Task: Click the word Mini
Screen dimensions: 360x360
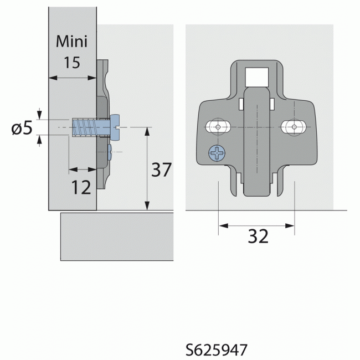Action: [71, 42]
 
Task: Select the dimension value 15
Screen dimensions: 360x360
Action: [71, 62]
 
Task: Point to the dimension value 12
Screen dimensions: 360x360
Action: [81, 188]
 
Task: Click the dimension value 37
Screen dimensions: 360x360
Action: [162, 170]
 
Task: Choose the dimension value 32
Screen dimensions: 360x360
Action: [258, 236]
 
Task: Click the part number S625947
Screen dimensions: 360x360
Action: [216, 350]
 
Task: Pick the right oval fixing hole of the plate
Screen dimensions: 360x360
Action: [292, 127]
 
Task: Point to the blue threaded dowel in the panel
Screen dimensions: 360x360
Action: [84, 127]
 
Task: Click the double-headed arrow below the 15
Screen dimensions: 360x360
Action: [71, 78]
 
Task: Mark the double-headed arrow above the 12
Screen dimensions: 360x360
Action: [81, 169]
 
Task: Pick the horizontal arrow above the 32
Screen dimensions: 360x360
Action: [256, 225]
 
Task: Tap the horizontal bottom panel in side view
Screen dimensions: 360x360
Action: [116, 236]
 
